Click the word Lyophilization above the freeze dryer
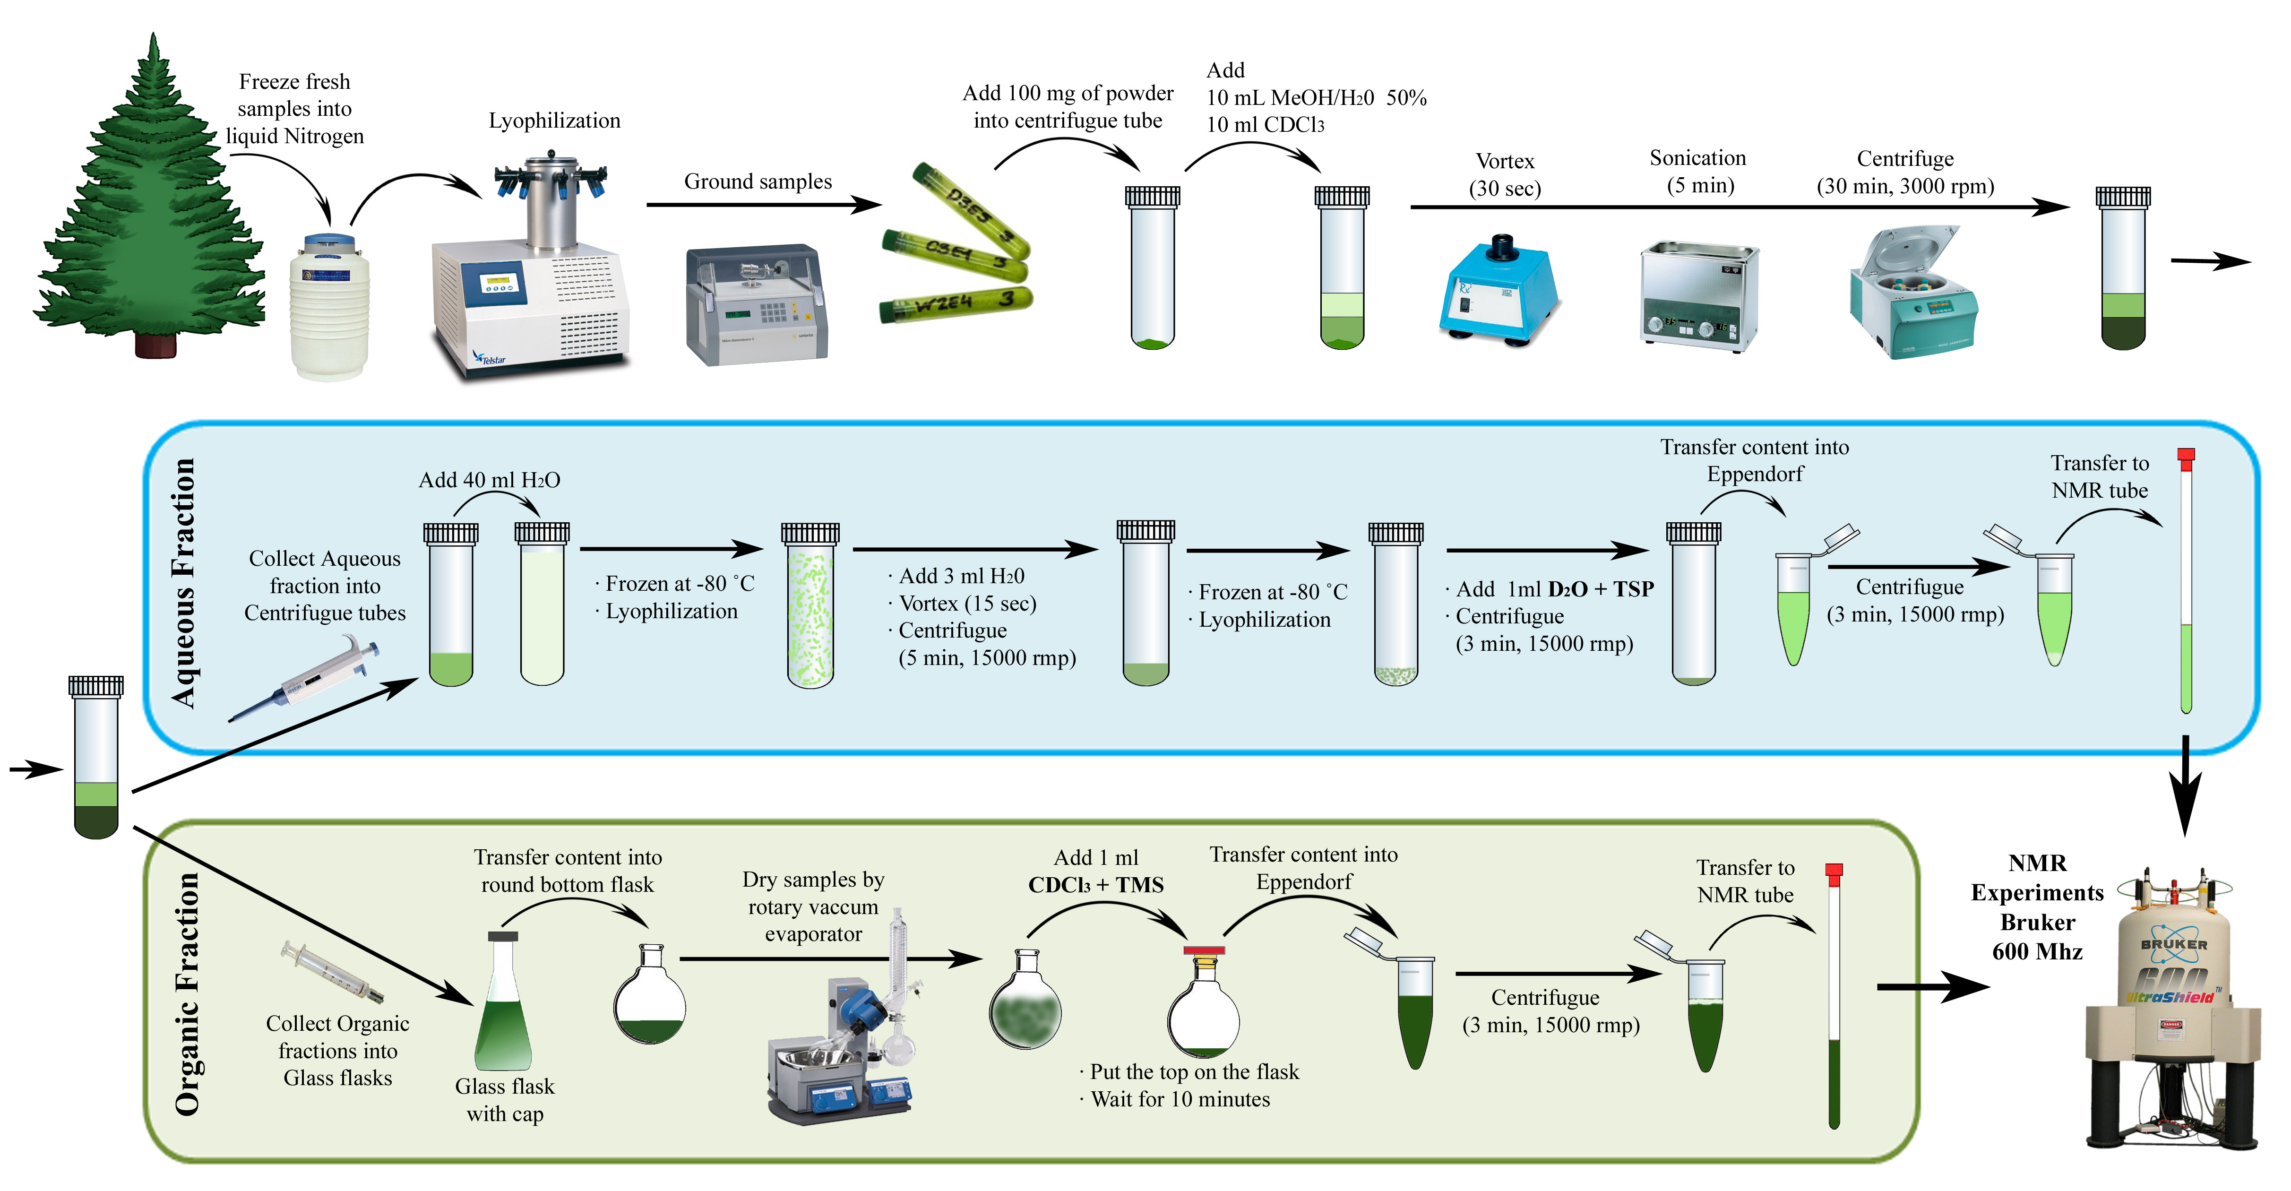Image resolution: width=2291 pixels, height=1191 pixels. click(x=554, y=121)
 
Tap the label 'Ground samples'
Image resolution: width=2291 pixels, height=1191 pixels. click(x=758, y=181)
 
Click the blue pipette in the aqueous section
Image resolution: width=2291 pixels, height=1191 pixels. click(x=307, y=678)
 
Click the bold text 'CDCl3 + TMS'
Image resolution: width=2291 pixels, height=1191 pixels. click(x=1096, y=886)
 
